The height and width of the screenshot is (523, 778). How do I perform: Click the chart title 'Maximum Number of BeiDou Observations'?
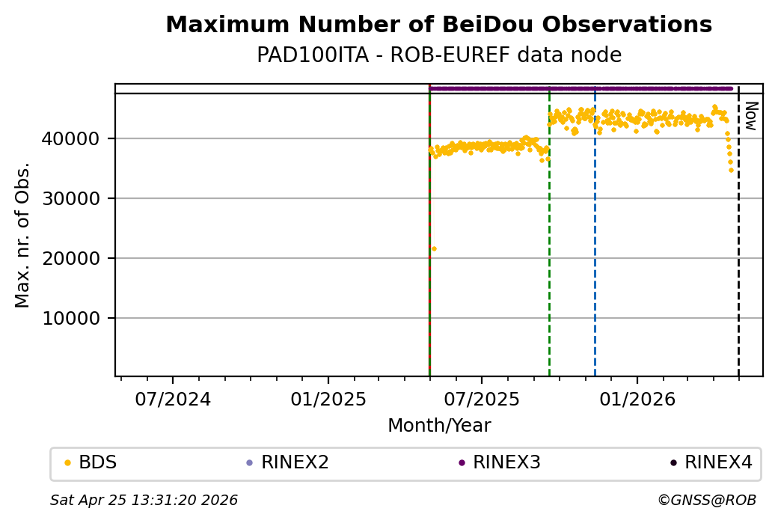438,25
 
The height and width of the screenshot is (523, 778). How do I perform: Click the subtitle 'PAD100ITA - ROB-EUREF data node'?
438,55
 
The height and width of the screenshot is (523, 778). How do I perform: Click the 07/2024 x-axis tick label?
173,399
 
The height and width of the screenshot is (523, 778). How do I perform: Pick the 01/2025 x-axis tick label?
328,399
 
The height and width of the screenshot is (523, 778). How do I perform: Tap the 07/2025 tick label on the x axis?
482,399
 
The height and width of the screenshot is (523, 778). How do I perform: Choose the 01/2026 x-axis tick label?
637,399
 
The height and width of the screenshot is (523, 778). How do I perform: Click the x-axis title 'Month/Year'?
439,426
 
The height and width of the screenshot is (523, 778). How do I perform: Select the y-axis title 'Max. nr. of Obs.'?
22,235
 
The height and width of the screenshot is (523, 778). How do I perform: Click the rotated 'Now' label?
751,115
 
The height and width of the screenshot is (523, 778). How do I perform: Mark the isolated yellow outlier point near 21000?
434,248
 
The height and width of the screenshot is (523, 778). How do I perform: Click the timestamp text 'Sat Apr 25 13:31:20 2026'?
144,500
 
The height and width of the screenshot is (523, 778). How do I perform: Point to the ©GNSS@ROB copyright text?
706,500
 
